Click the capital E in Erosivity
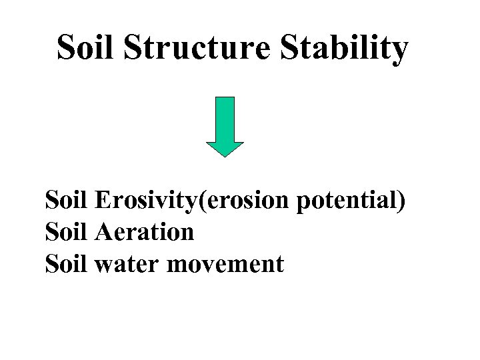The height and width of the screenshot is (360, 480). (103, 198)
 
